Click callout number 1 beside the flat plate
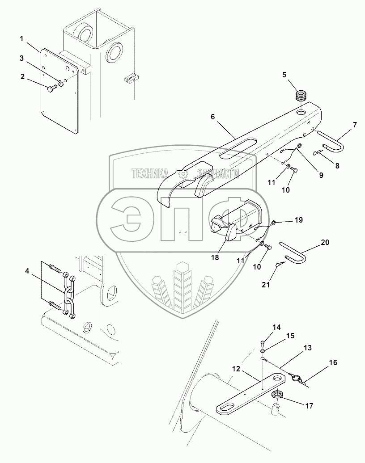(x=21, y=39)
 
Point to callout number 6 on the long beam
(x=213, y=117)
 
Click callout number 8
(x=337, y=165)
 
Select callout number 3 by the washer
(x=21, y=58)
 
